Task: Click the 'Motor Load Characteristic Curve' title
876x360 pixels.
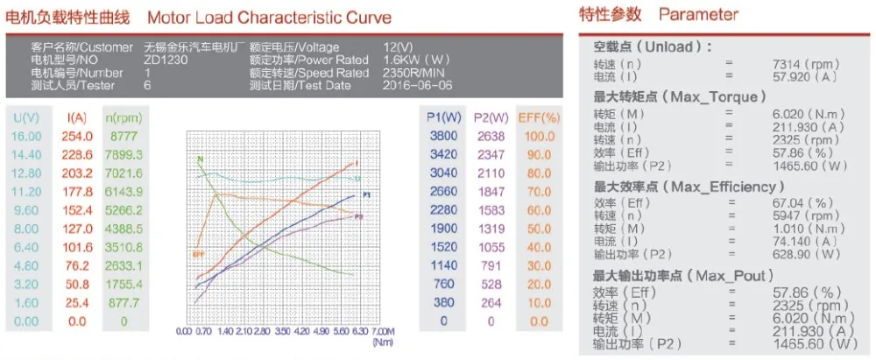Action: point(269,18)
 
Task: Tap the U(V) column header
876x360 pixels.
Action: point(26,117)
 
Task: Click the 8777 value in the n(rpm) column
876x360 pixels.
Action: point(121,136)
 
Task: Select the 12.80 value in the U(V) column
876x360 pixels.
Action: point(26,173)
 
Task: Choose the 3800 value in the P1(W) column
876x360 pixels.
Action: point(442,136)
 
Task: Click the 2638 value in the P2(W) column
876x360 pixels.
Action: point(490,136)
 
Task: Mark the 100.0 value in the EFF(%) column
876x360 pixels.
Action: point(538,136)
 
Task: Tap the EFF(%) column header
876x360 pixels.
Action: point(538,117)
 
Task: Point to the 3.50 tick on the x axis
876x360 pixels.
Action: point(281,332)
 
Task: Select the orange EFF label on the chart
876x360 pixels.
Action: point(197,254)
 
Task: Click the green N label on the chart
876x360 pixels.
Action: point(200,159)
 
